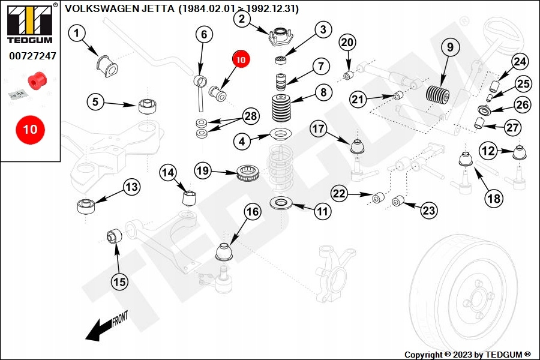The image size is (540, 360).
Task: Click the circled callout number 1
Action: tap(77, 34)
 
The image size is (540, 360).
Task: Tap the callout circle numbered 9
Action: tap(449, 46)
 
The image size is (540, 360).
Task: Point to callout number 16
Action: tap(253, 211)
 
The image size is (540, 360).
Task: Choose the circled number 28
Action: tap(251, 116)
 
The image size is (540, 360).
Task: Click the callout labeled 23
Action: tap(428, 210)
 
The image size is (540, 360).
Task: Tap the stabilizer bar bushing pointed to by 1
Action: tap(105, 63)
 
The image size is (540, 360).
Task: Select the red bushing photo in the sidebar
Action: tap(37, 79)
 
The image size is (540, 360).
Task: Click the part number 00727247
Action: tap(32, 56)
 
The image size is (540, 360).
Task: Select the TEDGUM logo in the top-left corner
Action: tap(29, 25)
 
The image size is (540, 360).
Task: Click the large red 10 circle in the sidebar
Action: tap(30, 129)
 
